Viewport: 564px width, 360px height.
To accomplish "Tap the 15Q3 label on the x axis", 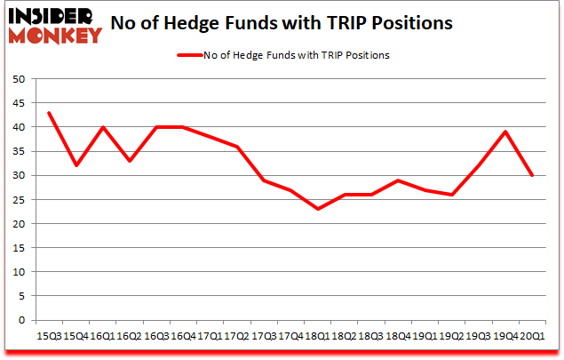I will pyautogui.click(x=49, y=336).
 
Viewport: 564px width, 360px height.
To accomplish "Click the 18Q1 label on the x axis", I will pyautogui.click(x=318, y=336).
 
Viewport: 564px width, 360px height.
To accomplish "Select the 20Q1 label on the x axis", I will pyautogui.click(x=533, y=336).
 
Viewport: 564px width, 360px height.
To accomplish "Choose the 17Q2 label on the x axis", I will pyautogui.click(x=237, y=336).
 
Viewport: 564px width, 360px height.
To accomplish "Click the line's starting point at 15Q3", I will pyautogui.click(x=49, y=113).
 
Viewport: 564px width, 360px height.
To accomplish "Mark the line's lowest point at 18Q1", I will pyautogui.click(x=318, y=209).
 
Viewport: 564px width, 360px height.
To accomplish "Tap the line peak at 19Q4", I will pyautogui.click(x=506, y=132).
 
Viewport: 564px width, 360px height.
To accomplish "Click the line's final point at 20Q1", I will pyautogui.click(x=533, y=175).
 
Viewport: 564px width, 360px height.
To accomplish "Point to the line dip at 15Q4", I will pyautogui.click(x=75, y=165).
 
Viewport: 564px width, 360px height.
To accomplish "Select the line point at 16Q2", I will pyautogui.click(x=130, y=161).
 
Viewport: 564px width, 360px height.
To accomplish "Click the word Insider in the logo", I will pyautogui.click(x=54, y=16).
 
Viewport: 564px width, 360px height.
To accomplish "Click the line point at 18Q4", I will pyautogui.click(x=399, y=180).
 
